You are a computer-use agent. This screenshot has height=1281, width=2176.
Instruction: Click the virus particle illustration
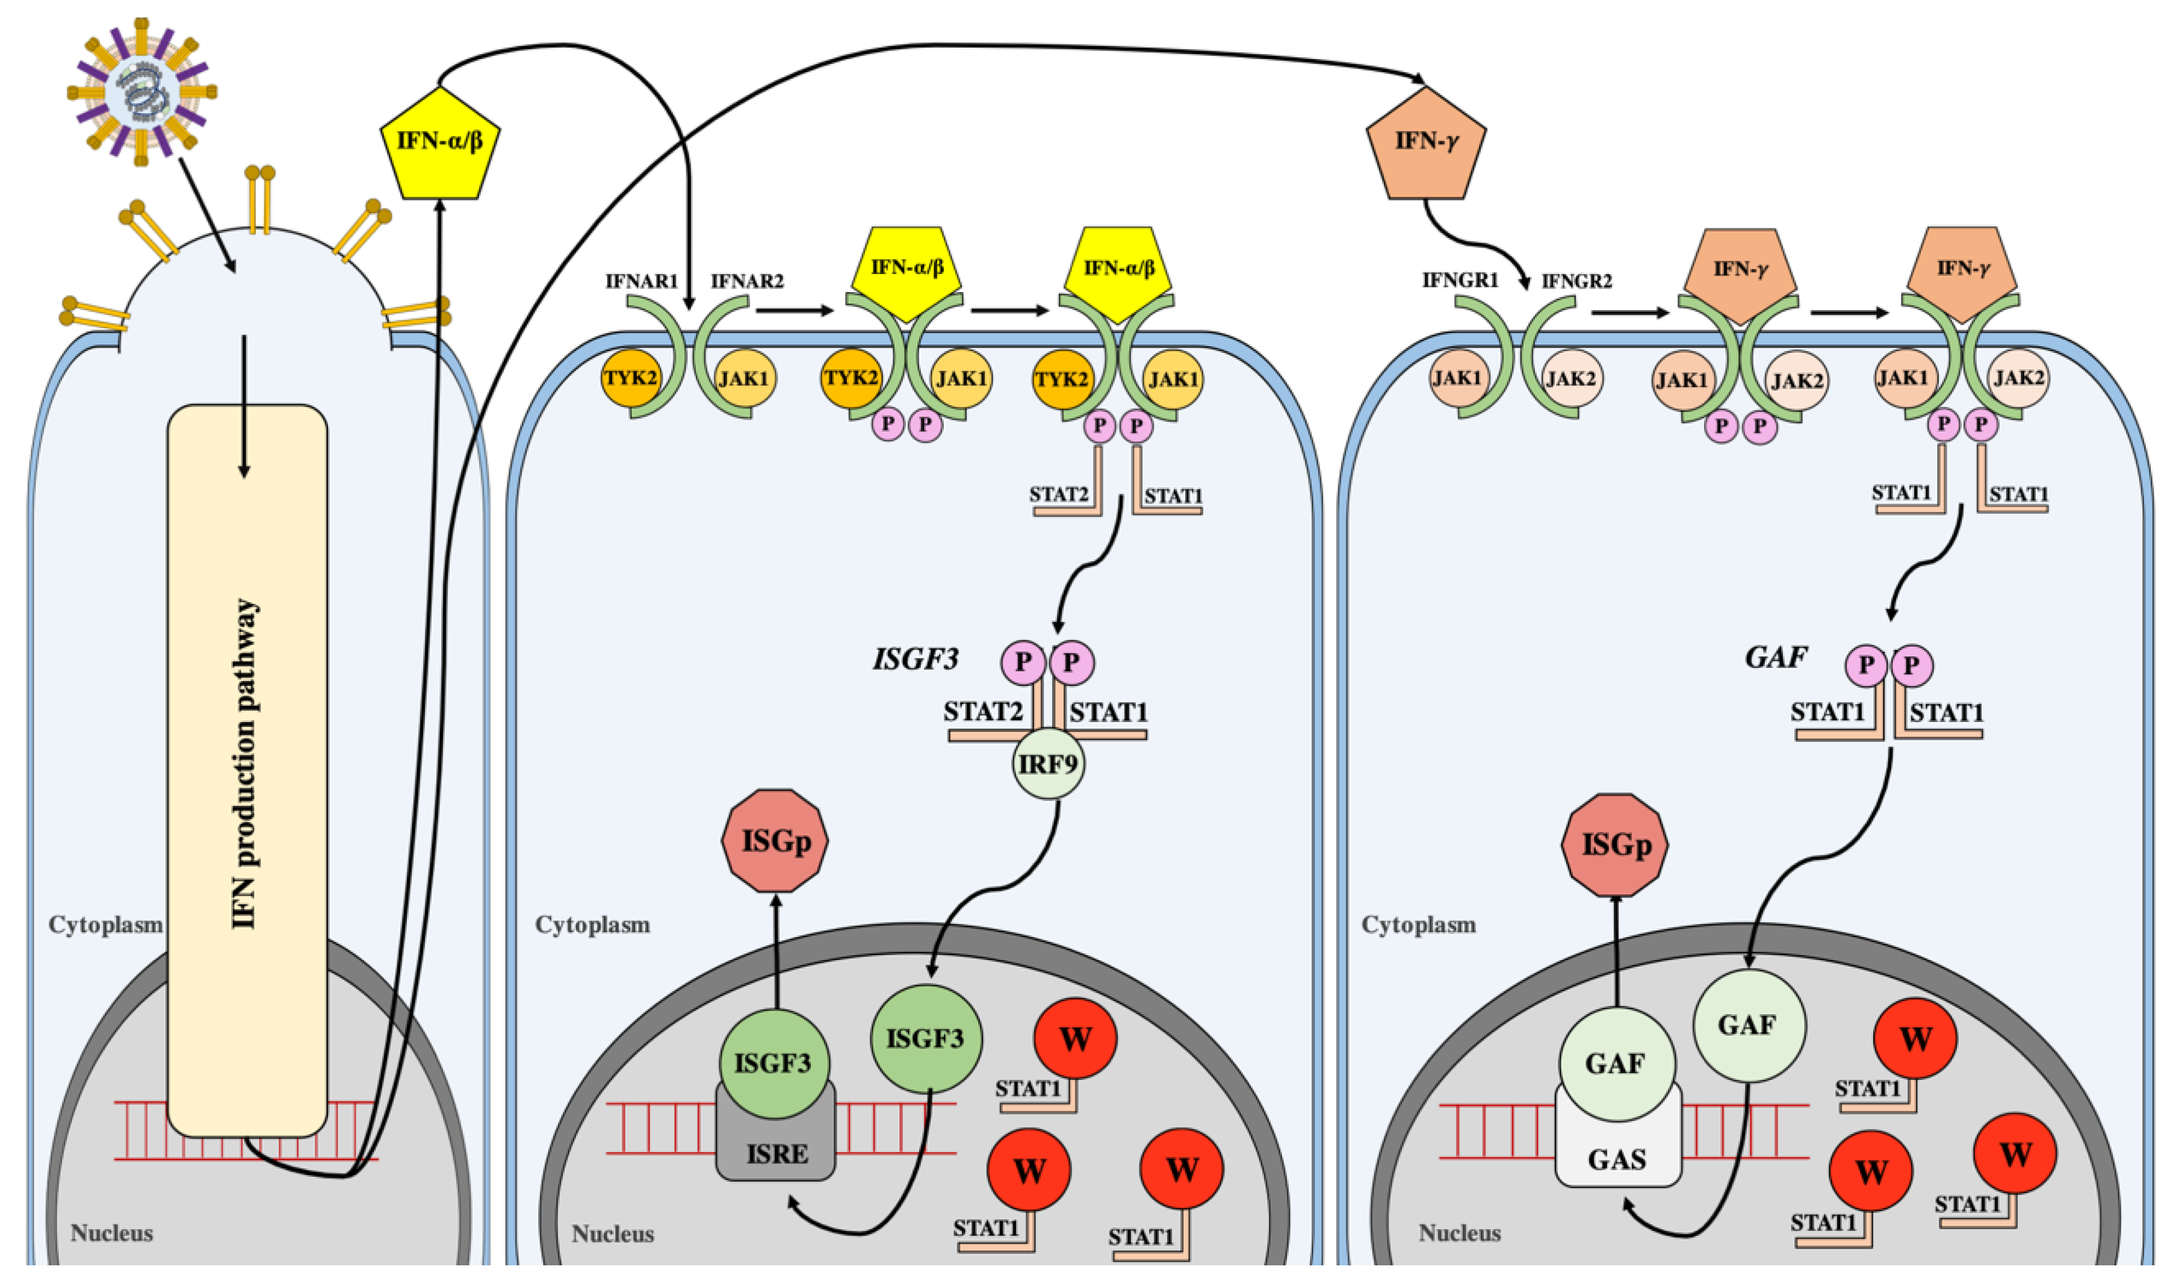[141, 91]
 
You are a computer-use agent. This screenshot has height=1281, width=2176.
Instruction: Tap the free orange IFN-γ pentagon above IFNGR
[1425, 145]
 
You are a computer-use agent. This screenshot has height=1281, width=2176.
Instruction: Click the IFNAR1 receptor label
[642, 281]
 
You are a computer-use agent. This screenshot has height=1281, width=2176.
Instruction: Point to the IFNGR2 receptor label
[1576, 281]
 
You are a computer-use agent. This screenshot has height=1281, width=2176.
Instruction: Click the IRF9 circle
[1049, 764]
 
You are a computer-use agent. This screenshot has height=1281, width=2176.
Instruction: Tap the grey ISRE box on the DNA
[776, 1152]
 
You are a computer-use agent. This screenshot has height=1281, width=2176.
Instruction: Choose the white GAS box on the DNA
[1617, 1158]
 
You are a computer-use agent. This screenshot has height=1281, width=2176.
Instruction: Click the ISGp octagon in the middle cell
[775, 841]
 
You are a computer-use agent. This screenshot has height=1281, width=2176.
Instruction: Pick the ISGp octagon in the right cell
[1615, 845]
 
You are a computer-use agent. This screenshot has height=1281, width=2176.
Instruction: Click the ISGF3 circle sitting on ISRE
[773, 1062]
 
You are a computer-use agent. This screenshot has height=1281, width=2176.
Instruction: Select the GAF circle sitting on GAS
[1616, 1062]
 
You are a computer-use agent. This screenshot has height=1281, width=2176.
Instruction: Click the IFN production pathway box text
[246, 764]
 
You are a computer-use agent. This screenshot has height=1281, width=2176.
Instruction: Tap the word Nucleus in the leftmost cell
[111, 1233]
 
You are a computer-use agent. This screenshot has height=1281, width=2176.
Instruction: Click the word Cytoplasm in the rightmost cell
[1419, 924]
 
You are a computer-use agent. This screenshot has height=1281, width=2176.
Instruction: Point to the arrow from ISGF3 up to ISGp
[775, 950]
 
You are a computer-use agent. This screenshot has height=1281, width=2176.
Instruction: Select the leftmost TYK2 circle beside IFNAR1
[630, 378]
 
